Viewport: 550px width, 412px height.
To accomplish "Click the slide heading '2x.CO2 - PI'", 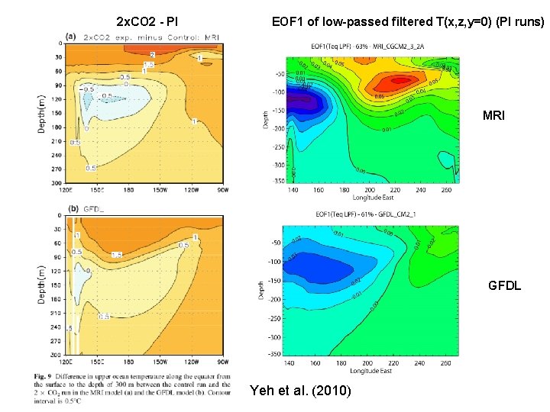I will (x=147, y=21).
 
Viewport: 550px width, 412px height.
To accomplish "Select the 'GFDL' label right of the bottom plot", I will (x=504, y=286).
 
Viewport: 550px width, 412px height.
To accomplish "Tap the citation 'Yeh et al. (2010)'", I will (x=300, y=391).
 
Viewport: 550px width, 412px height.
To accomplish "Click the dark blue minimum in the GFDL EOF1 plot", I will (x=321, y=267).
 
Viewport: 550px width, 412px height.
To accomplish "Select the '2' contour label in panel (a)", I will (x=152, y=55).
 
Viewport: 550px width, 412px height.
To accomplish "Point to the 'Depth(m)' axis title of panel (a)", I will (x=43, y=112).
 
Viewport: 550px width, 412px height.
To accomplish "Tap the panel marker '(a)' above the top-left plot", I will (x=71, y=36).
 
